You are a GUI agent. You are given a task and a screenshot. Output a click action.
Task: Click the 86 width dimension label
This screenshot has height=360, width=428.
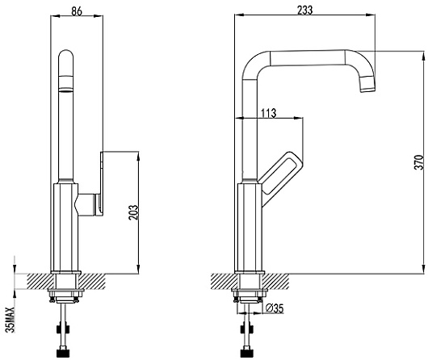(77, 11)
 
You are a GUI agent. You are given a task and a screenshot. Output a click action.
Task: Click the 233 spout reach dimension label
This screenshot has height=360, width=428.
(305, 10)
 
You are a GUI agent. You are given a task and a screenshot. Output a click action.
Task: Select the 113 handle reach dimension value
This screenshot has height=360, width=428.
(269, 113)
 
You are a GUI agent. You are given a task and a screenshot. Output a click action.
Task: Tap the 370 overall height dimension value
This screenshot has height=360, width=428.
(419, 162)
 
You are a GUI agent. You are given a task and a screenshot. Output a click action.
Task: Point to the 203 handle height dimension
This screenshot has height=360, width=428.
(134, 212)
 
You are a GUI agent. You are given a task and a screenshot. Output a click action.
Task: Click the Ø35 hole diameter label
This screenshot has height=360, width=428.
(275, 308)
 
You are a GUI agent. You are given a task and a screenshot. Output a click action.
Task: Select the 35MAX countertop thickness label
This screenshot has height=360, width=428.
(10, 320)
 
